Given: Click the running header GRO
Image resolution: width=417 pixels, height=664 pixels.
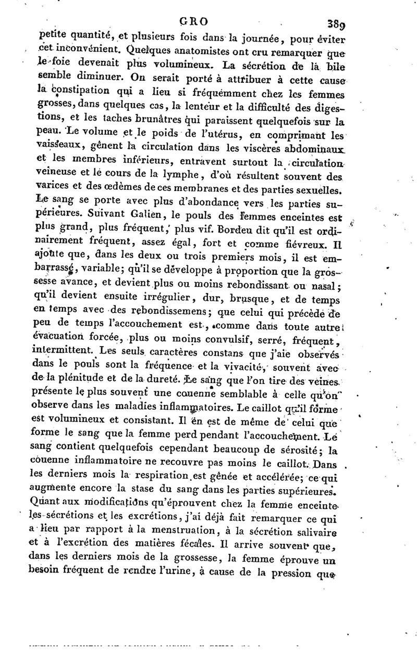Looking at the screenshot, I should point(194,21).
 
